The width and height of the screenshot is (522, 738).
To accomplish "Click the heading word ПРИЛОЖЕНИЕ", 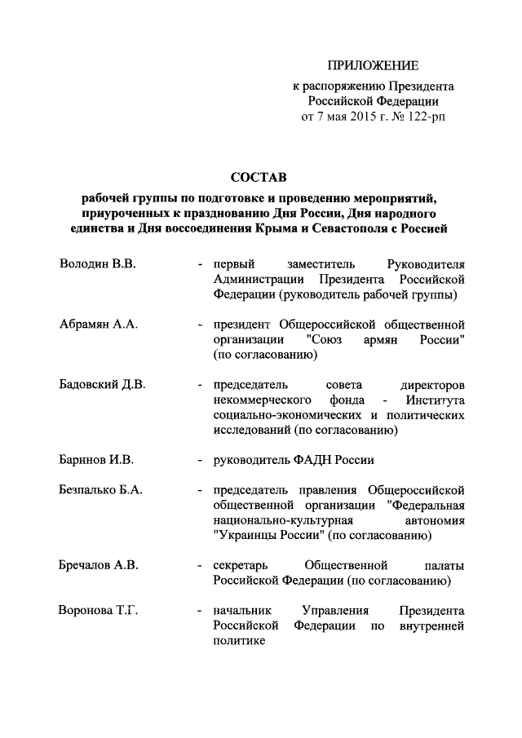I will coord(373,65).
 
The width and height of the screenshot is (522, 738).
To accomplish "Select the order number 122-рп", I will coord(426,117).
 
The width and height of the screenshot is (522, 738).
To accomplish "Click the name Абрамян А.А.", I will coord(99,325).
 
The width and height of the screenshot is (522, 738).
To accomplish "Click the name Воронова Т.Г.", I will coord(99,610).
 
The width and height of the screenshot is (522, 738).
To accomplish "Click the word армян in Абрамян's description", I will coord(378,340).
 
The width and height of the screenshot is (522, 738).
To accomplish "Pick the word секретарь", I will coord(241,565).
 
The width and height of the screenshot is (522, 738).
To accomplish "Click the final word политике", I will coord(240,641).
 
